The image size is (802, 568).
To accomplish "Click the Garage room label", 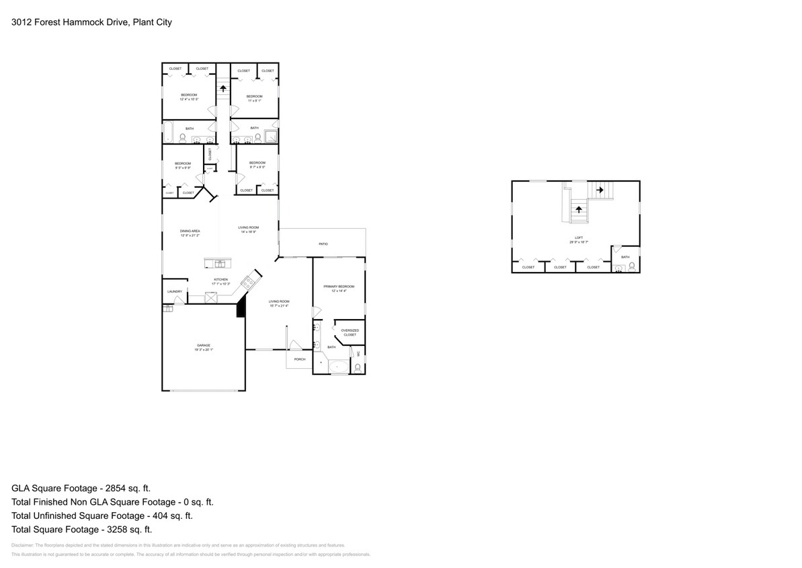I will click(x=204, y=345).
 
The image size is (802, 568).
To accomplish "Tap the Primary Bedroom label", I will click(x=339, y=287).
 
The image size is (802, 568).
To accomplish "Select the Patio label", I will click(x=323, y=244).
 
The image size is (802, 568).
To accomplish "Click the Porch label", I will click(x=300, y=359).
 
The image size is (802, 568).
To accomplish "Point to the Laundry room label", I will click(x=175, y=291).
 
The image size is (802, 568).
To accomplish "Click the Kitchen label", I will click(x=221, y=279).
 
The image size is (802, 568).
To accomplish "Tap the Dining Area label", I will click(x=190, y=231).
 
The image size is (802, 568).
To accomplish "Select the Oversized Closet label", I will click(x=350, y=332).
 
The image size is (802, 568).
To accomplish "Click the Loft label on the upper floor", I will click(x=579, y=238).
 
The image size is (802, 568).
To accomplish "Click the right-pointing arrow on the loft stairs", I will click(x=600, y=190).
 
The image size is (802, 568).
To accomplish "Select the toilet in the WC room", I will click(x=358, y=367).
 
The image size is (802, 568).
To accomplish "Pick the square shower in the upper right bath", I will click(x=270, y=139).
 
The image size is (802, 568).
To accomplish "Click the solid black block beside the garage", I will click(x=240, y=308).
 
